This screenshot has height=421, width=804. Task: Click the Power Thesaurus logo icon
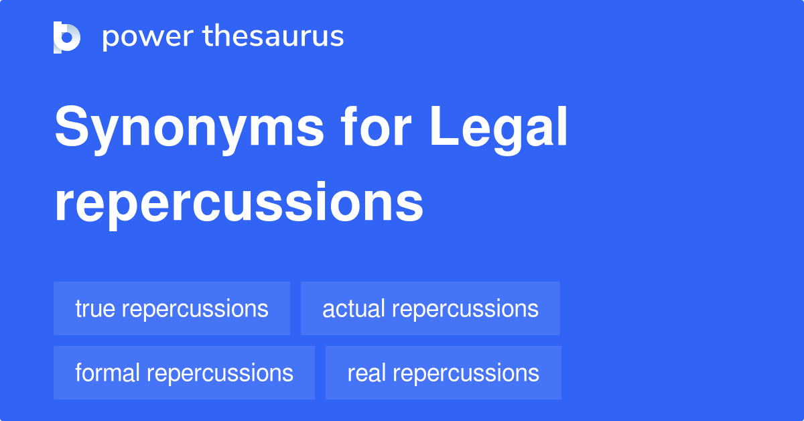[67, 37]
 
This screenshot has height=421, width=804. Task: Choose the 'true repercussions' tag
[172, 308]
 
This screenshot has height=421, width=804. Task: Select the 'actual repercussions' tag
[430, 308]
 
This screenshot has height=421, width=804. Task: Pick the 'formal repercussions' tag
[184, 373]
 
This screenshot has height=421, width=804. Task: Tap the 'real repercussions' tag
[443, 373]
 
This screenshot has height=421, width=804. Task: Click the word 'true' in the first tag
[96, 308]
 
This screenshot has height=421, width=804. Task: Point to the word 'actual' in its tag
[353, 308]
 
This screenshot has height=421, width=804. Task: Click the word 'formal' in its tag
[108, 373]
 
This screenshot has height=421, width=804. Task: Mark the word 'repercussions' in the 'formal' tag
[220, 373]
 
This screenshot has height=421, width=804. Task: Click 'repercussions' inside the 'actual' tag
[465, 309]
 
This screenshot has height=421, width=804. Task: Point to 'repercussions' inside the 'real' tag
[466, 373]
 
